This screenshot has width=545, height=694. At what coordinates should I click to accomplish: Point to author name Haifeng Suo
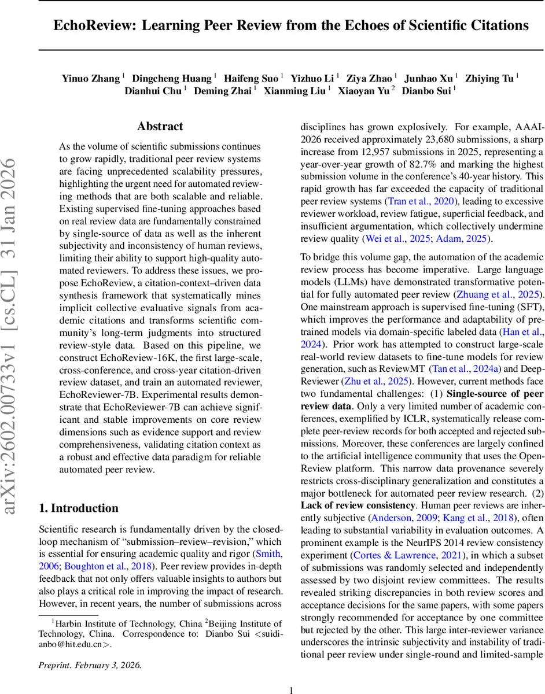coord(251,78)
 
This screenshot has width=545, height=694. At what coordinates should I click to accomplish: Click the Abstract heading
coord(160,127)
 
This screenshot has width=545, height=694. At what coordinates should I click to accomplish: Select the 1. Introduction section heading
coord(78,508)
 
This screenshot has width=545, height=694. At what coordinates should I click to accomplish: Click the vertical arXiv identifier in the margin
coord(13,335)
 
